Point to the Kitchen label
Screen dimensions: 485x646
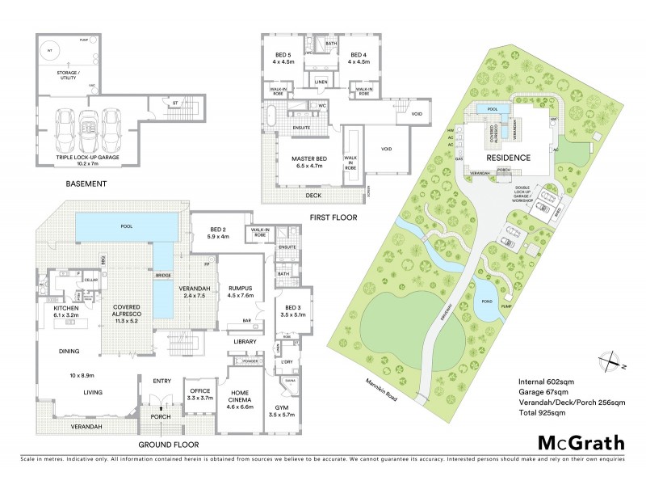(x=65, y=312)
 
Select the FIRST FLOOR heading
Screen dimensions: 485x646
(x=333, y=217)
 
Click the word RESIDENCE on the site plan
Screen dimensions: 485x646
(x=506, y=158)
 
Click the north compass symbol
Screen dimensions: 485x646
(x=609, y=360)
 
